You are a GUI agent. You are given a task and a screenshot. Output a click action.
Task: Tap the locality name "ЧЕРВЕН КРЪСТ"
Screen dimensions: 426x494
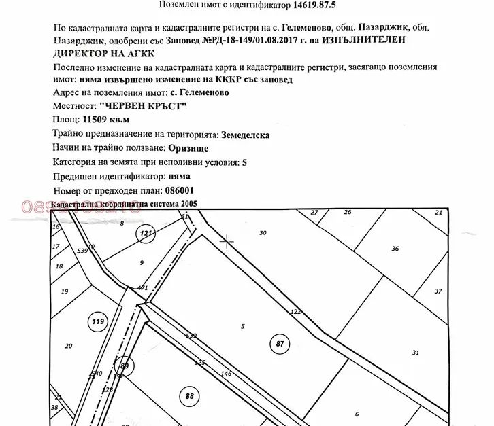point(142,106)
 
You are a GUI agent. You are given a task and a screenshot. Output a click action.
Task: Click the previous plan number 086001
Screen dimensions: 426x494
point(180,191)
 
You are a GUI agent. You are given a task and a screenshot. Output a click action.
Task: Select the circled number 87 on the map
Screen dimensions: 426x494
point(280,344)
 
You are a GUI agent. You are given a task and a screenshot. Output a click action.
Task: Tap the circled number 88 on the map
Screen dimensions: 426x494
point(190,395)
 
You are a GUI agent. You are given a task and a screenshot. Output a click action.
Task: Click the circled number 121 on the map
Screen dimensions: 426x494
point(145,234)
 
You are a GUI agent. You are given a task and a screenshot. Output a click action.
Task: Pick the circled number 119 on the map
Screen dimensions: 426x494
point(98,321)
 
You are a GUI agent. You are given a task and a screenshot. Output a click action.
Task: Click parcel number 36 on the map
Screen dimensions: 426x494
point(395,249)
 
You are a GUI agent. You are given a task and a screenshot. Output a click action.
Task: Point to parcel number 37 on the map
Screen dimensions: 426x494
point(438,291)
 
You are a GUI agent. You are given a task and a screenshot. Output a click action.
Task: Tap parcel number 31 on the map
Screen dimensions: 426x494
point(416,352)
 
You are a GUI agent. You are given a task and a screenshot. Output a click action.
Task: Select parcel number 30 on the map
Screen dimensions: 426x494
point(263,233)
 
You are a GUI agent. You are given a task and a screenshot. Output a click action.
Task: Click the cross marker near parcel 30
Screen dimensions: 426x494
point(227,241)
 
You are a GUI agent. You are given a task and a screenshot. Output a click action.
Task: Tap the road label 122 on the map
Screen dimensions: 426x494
point(295,311)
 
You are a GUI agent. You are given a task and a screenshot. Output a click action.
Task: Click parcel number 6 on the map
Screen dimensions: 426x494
point(357,414)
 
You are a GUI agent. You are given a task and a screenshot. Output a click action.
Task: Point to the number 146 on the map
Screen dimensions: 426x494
point(227,374)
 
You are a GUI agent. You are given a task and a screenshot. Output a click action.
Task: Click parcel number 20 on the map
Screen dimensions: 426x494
point(68,346)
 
